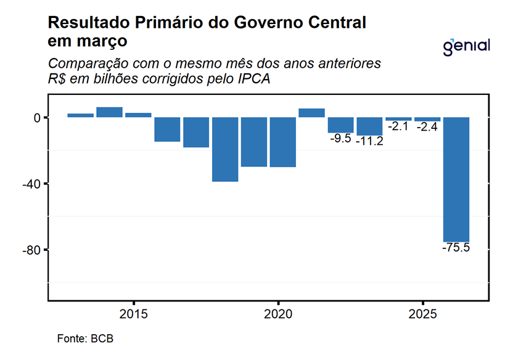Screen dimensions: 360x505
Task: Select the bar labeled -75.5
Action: pos(457,179)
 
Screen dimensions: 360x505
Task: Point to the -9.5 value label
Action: pos(340,139)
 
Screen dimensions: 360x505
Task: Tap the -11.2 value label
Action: pos(370,141)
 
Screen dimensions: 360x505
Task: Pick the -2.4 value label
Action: pos(427,127)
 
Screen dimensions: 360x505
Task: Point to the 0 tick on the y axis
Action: pos(37,117)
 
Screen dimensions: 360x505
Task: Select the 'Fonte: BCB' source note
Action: pos(85,339)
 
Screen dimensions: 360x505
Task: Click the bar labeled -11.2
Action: pos(370,126)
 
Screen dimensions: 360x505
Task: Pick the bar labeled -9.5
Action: pos(341,125)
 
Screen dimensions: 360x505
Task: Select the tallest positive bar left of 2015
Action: pos(109,112)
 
